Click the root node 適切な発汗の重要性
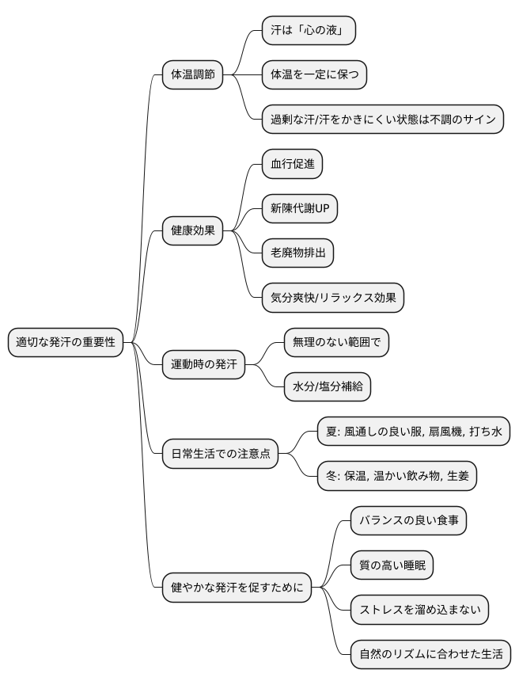66,343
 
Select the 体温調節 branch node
192,75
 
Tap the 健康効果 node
192,231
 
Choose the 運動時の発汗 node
203,365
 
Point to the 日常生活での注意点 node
220,455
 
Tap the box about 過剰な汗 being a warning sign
383,120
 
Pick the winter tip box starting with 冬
396,477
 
